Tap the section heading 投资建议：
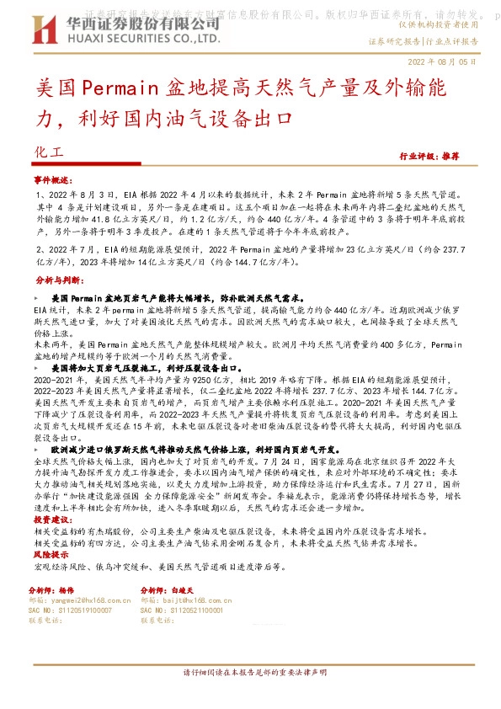pyautogui.click(x=54, y=520)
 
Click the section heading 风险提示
pyautogui.click(x=51, y=556)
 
